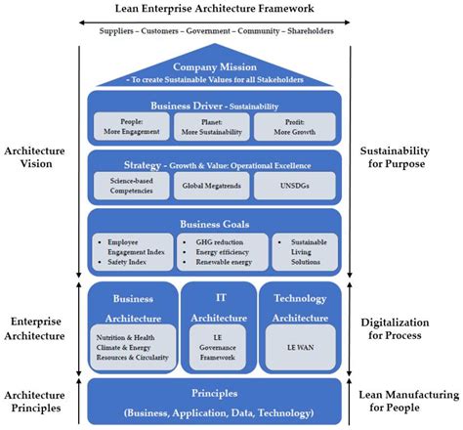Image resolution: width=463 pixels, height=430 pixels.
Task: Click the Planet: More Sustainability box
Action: click(212, 124)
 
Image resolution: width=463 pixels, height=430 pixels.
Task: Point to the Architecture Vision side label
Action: click(37, 159)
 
